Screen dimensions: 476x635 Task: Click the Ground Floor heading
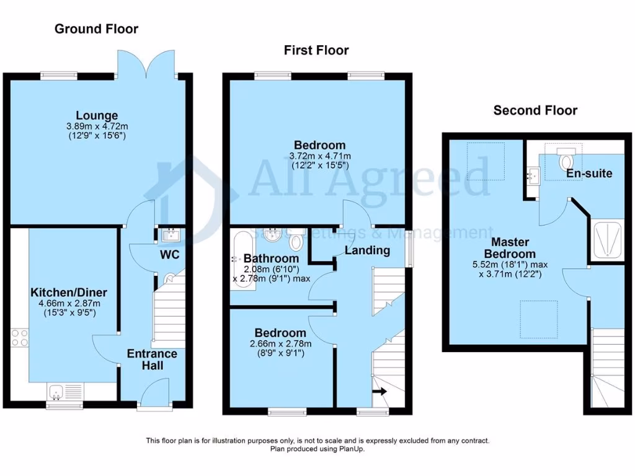pos(96,29)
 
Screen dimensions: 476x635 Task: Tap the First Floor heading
pos(316,50)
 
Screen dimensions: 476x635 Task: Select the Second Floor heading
pos(535,110)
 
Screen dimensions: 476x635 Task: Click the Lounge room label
pos(97,115)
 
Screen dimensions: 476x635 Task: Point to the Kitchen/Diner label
pos(69,292)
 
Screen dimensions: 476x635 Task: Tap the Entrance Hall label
pos(152,359)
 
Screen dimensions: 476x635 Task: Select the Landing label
pos(367,250)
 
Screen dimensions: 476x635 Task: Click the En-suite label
pos(589,173)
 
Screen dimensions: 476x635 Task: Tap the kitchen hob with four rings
pos(18,337)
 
